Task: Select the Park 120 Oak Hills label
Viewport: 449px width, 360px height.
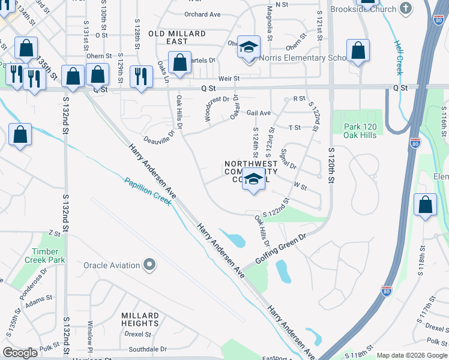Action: click(x=360, y=131)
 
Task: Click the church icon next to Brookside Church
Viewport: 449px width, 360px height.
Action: click(x=406, y=9)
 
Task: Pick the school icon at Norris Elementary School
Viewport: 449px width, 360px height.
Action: click(x=248, y=47)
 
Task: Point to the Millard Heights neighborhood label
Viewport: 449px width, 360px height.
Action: click(x=140, y=319)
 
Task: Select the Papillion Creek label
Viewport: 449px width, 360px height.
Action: click(x=148, y=191)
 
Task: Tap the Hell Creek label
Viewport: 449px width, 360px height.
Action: click(x=399, y=58)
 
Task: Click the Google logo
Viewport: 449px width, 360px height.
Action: click(x=20, y=352)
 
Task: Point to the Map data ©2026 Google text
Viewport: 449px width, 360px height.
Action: click(x=412, y=355)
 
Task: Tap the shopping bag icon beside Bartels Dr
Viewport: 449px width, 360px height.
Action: click(x=179, y=62)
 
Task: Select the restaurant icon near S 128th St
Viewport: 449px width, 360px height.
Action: click(x=141, y=76)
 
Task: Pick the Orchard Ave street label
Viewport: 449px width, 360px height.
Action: click(x=203, y=14)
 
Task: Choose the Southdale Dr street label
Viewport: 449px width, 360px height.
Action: click(x=147, y=349)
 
